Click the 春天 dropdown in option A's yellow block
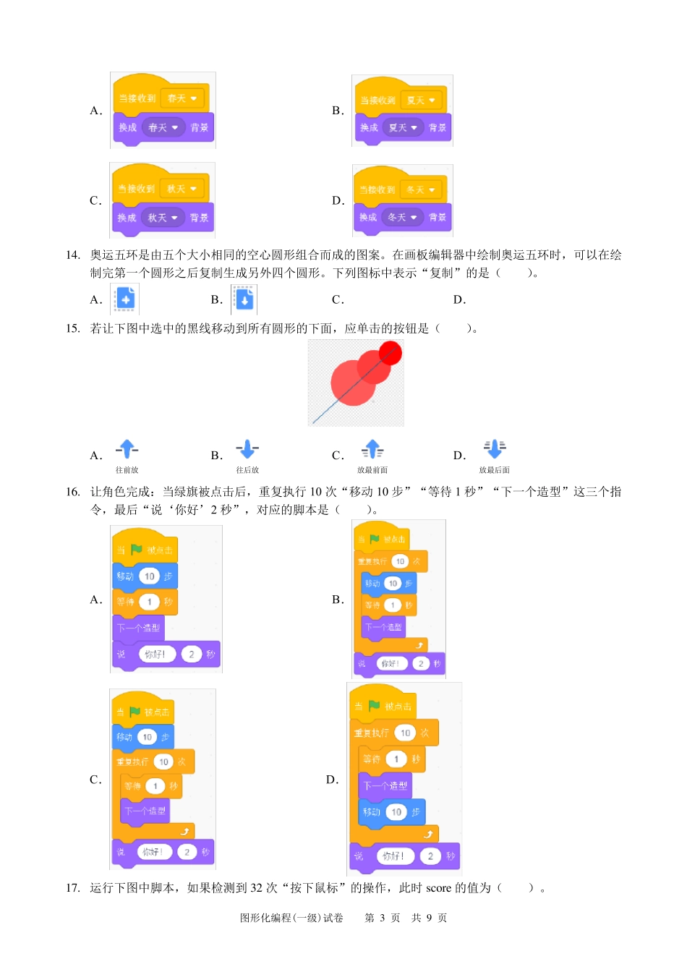[x=182, y=98]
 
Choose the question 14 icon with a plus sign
[x=124, y=299]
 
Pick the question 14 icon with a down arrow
[x=244, y=299]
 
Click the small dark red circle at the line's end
[x=391, y=354]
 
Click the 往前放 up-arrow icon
[x=127, y=450]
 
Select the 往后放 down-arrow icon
[x=247, y=450]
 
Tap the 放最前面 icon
[x=372, y=450]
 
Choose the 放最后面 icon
[x=495, y=449]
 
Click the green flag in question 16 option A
[x=137, y=550]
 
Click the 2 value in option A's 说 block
[x=191, y=655]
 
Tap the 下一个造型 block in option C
[x=145, y=811]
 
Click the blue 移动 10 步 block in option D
[x=391, y=812]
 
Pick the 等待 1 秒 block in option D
[x=391, y=759]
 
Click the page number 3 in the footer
[x=382, y=918]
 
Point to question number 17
[x=72, y=887]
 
